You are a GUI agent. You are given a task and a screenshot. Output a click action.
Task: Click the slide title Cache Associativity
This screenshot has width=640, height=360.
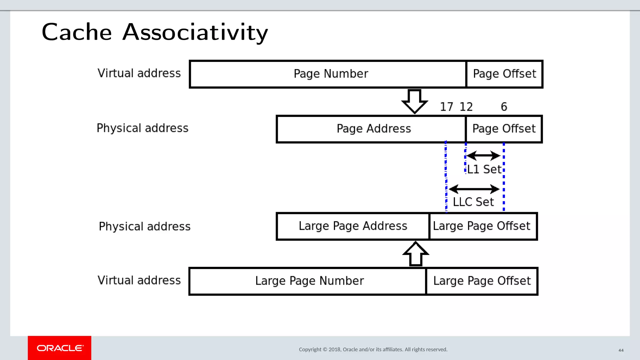pos(155,32)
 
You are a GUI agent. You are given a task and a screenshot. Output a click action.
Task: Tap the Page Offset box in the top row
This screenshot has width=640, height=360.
pos(504,74)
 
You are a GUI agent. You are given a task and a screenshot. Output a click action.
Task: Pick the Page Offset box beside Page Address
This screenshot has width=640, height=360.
pos(504,129)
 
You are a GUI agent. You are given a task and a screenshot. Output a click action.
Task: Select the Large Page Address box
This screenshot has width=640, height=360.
pos(353,226)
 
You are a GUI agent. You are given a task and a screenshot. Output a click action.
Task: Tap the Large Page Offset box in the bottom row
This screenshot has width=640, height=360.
pos(482,281)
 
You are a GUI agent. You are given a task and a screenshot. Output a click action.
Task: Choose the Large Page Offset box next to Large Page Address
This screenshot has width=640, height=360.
pos(483,226)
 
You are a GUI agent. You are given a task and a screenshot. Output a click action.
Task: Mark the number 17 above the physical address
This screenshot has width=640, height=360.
pos(446,107)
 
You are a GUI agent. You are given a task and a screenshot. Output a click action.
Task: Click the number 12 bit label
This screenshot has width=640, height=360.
pos(466,107)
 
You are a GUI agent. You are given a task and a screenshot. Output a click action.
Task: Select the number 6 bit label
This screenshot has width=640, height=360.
pos(504,107)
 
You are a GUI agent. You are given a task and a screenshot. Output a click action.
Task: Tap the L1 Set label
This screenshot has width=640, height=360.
pos(484,169)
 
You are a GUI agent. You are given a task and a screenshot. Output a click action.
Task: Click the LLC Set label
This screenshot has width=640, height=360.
pos(473,202)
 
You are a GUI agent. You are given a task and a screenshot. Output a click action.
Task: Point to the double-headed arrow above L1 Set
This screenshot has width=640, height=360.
pos(483,155)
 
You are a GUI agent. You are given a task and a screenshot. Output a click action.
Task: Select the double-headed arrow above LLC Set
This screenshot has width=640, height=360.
pos(474,189)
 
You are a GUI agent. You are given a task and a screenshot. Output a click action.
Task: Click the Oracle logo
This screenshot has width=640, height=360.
pos(60,348)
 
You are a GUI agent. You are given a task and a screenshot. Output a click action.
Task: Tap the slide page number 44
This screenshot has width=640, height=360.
pos(621,350)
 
